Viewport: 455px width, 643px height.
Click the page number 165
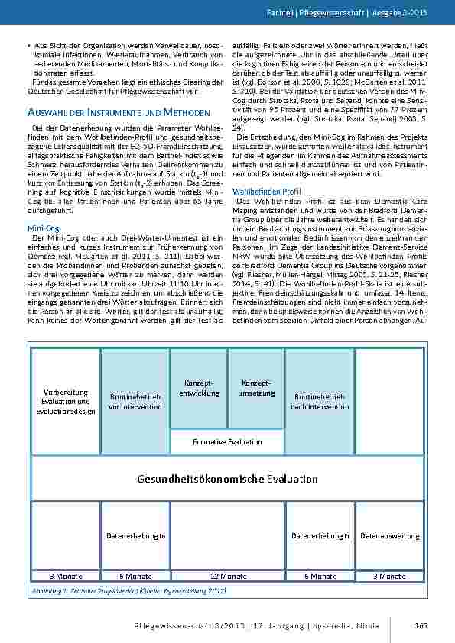click(x=420, y=627)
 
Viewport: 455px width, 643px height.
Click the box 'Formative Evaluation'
click(x=227, y=441)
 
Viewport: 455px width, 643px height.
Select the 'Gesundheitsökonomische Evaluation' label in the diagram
click(x=227, y=479)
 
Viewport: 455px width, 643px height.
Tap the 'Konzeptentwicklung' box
click(x=199, y=387)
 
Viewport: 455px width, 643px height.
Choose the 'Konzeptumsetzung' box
click(x=257, y=387)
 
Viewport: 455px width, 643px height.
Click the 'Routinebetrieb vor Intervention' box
click(x=135, y=402)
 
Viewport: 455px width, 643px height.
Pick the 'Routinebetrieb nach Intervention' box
click(x=319, y=402)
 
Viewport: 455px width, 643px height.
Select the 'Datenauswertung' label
click(x=390, y=535)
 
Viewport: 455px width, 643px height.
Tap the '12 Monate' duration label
click(x=228, y=576)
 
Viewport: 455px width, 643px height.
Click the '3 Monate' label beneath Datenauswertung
click(x=390, y=576)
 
